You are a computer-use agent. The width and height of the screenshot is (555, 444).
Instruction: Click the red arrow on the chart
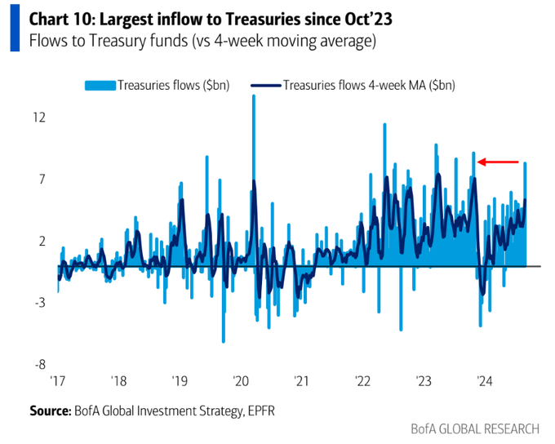[x=498, y=162]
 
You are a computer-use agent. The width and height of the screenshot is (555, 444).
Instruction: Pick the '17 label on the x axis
[x=58, y=381]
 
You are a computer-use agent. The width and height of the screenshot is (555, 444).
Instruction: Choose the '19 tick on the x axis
[x=180, y=381]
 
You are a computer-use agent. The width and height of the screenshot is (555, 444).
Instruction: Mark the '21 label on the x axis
[x=302, y=381]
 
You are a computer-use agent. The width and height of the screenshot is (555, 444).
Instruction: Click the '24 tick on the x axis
[x=484, y=381]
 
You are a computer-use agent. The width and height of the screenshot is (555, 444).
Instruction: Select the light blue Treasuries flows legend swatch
[x=100, y=84]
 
